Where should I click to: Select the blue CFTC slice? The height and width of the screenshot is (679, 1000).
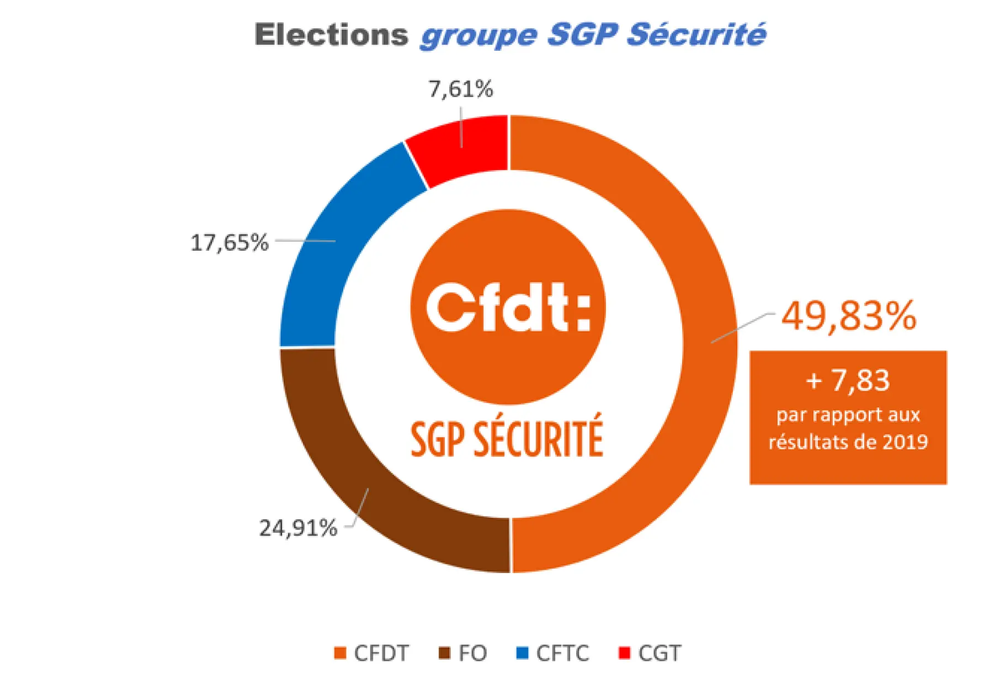(331, 248)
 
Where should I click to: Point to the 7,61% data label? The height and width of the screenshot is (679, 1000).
(461, 89)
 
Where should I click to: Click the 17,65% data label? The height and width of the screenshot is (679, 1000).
(229, 243)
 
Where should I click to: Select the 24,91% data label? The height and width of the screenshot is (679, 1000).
(298, 528)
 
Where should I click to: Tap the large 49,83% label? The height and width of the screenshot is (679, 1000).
(849, 316)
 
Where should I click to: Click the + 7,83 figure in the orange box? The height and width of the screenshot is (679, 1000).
(848, 380)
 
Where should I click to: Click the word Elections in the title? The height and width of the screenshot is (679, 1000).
(331, 35)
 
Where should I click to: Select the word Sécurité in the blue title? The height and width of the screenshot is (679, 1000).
(696, 35)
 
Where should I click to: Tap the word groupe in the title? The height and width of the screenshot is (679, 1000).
(478, 36)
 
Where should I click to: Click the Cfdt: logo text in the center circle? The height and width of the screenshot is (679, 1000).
(508, 307)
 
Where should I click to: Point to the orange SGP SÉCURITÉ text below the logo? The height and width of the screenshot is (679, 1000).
(507, 439)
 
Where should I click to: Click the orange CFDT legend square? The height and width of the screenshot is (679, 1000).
(340, 653)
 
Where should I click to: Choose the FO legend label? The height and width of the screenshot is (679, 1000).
(472, 654)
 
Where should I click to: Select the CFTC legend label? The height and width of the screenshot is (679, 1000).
(562, 654)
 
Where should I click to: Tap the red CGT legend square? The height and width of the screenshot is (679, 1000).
(624, 653)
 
